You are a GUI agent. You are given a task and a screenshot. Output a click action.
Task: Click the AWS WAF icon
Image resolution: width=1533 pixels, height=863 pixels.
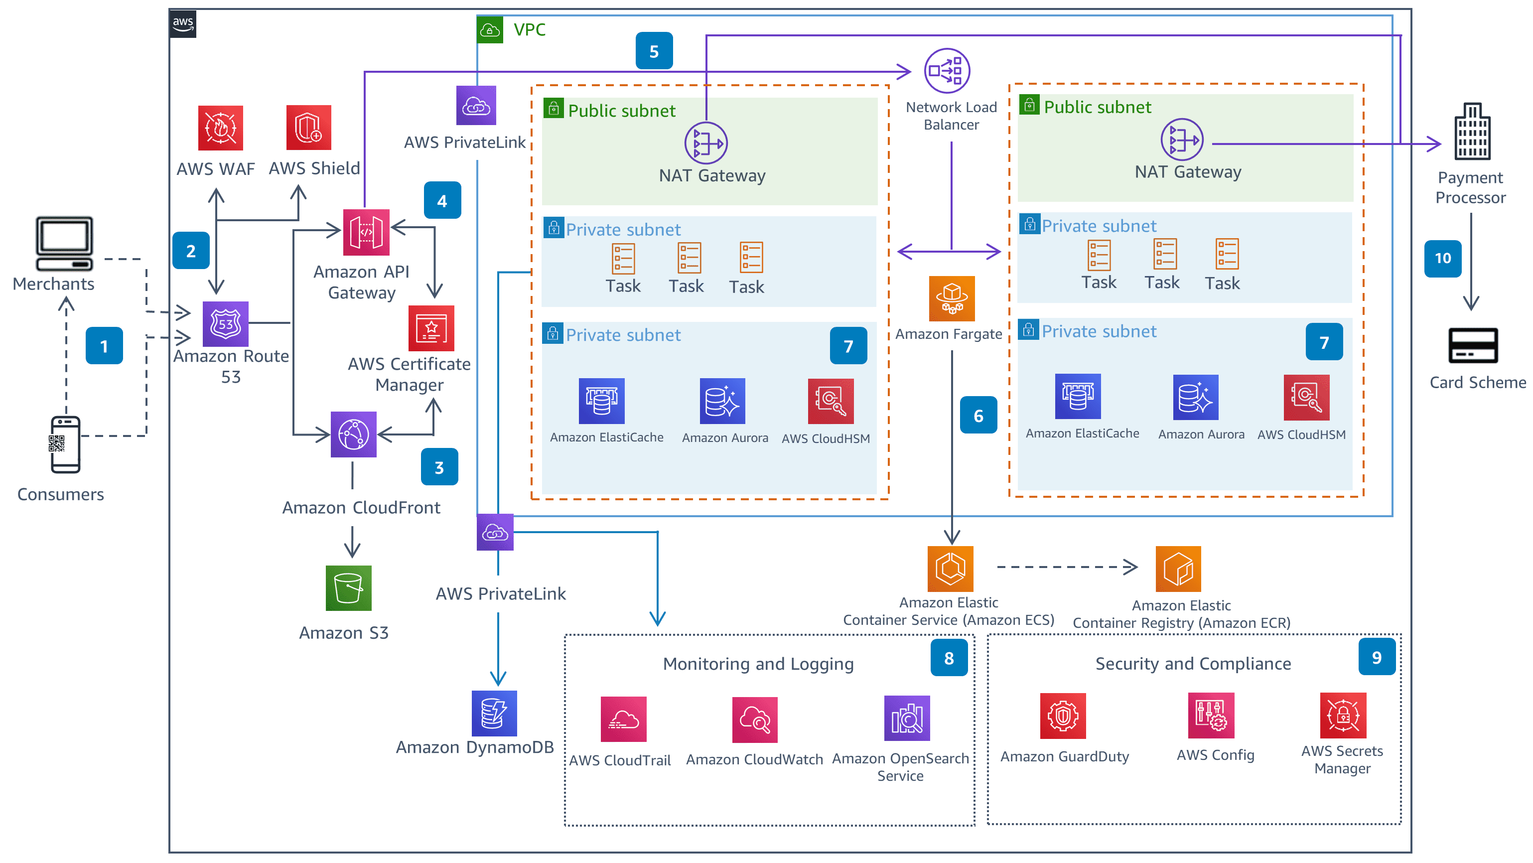220,128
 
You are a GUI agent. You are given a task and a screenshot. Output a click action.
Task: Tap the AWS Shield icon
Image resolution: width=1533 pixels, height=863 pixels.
308,128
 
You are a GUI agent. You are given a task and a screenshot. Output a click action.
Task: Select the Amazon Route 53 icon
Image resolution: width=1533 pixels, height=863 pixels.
226,324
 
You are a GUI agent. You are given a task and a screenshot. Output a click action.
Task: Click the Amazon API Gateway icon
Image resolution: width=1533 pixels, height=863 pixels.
366,232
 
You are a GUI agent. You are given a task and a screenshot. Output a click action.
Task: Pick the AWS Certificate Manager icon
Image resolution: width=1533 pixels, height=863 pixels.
431,328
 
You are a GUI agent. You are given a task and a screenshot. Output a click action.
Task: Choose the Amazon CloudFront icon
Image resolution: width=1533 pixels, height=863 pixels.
354,434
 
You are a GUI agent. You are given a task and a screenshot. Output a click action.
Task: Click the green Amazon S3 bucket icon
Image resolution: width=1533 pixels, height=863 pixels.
348,588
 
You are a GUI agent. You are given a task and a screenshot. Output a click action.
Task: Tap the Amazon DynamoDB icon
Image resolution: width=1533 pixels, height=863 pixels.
494,713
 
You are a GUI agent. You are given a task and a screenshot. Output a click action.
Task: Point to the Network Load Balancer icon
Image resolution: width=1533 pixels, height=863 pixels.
946,71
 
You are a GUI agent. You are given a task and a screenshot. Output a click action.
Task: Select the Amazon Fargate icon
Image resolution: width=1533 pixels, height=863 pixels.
952,298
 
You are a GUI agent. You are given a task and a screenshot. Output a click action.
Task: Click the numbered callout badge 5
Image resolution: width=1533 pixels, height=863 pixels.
654,51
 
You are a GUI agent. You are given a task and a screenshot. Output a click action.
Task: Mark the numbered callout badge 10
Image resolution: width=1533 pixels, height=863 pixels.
1442,258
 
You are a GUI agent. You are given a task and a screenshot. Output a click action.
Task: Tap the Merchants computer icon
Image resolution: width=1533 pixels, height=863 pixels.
64,244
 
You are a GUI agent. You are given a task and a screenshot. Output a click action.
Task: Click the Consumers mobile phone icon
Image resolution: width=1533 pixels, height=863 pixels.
65,444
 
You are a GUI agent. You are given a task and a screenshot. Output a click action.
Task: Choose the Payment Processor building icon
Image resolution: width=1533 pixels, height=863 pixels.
1472,132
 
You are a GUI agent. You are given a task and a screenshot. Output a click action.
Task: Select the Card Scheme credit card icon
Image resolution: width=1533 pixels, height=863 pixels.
1472,345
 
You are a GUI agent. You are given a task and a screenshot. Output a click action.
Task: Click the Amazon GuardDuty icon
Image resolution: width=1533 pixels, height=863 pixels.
1063,716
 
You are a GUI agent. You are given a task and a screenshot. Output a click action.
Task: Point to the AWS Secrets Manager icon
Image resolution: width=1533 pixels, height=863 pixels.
1343,715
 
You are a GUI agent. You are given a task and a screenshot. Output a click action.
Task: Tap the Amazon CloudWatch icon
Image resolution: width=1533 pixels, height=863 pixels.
755,719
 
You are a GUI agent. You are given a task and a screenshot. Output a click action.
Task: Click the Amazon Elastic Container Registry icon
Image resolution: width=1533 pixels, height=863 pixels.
1178,569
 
